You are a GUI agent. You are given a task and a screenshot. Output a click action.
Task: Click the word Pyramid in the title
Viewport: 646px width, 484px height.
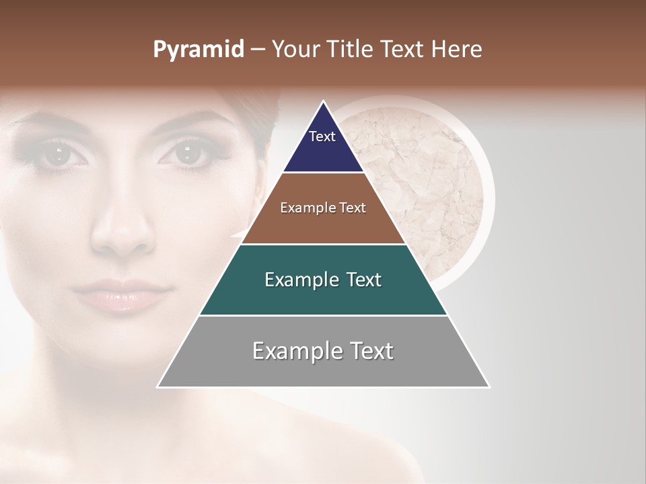[x=198, y=50]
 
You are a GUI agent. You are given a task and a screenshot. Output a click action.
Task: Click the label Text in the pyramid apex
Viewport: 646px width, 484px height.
[x=322, y=136]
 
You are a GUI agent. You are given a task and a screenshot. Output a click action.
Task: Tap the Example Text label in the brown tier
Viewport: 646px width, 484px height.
[x=323, y=208]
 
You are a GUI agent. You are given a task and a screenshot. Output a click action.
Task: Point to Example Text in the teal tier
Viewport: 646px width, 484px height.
[x=323, y=280]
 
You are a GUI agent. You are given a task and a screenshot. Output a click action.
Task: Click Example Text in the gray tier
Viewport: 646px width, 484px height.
[x=323, y=351]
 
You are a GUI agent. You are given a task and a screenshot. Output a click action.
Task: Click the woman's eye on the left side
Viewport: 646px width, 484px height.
[x=59, y=153]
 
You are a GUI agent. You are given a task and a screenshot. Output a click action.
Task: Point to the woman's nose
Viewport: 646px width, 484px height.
[x=122, y=232]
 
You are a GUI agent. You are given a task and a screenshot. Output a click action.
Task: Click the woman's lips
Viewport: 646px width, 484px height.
[x=121, y=296]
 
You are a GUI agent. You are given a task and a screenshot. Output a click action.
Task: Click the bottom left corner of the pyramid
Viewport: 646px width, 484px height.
[x=158, y=387]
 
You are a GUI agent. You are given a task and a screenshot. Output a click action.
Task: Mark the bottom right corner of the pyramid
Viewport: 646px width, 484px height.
[x=489, y=387]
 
